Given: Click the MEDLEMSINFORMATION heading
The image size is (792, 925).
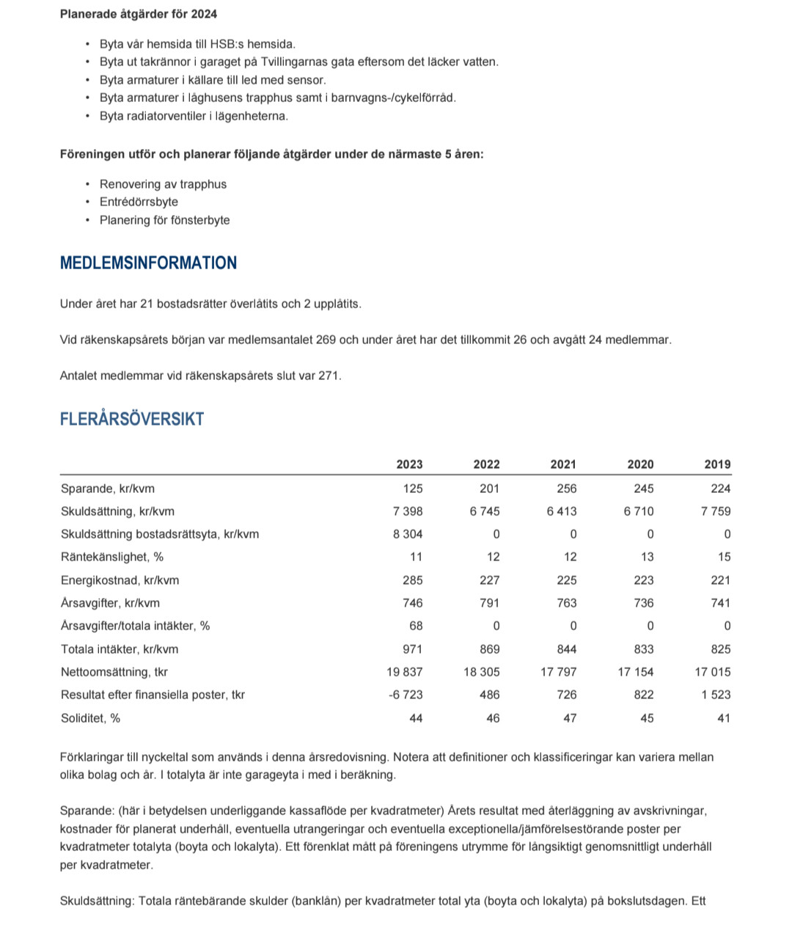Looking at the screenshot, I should coord(148,263).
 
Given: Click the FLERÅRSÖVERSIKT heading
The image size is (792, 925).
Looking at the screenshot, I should coord(132,420).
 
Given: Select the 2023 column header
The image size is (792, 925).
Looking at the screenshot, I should coord(409,464).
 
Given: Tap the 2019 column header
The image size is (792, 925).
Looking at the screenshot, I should coord(717,464).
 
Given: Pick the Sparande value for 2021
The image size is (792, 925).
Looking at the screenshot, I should coord(566,489).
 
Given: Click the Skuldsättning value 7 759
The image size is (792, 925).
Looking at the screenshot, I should coord(716,511).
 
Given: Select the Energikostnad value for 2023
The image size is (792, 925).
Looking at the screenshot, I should coord(412,580).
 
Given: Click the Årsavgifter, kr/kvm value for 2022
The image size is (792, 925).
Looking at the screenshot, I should coord(489,603).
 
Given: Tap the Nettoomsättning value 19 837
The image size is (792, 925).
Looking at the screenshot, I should coord(405,672).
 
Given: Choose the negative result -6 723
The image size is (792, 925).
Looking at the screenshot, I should coord(406,695).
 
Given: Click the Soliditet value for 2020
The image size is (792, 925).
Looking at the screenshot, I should coord(647,718).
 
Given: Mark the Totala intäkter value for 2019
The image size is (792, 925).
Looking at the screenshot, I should coord(720,649).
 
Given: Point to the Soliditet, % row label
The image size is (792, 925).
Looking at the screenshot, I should coord(90,718).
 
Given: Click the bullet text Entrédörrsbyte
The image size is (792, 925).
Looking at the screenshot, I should coord(139,202).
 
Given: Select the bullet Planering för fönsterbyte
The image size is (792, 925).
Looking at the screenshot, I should coord(164,220).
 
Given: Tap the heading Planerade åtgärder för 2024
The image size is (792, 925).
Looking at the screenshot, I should coord(139,14).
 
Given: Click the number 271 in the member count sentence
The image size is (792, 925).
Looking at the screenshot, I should coord(329,376).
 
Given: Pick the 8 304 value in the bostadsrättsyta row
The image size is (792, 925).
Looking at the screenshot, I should coord(408,534).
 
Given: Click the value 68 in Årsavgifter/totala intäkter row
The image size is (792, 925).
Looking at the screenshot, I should coord(416,626).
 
